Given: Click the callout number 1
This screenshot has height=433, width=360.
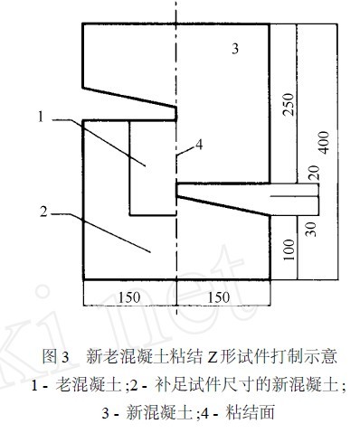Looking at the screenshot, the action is click(x=42, y=115).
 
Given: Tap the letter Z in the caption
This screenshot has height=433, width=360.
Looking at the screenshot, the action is click(x=204, y=354).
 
